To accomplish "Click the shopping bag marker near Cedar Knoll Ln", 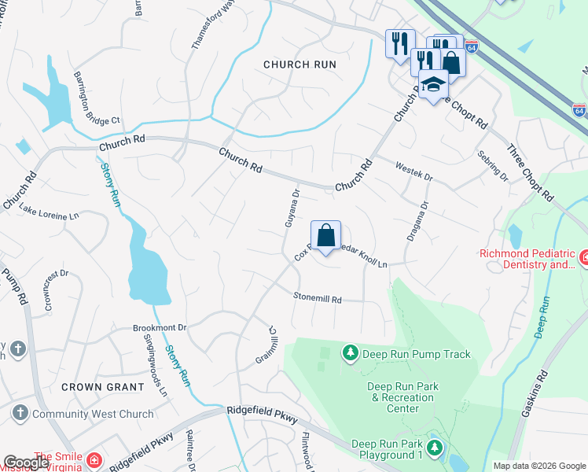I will pyautogui.click(x=325, y=235).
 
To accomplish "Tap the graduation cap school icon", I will pyautogui.click(x=432, y=84).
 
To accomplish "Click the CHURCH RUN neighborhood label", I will pyautogui.click(x=300, y=65).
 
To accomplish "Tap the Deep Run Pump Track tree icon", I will pyautogui.click(x=350, y=354).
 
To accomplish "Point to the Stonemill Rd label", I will pyautogui.click(x=318, y=299).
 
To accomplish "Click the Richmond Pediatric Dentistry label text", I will pyautogui.click(x=528, y=260).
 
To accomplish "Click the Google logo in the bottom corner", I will pyautogui.click(x=26, y=462).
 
